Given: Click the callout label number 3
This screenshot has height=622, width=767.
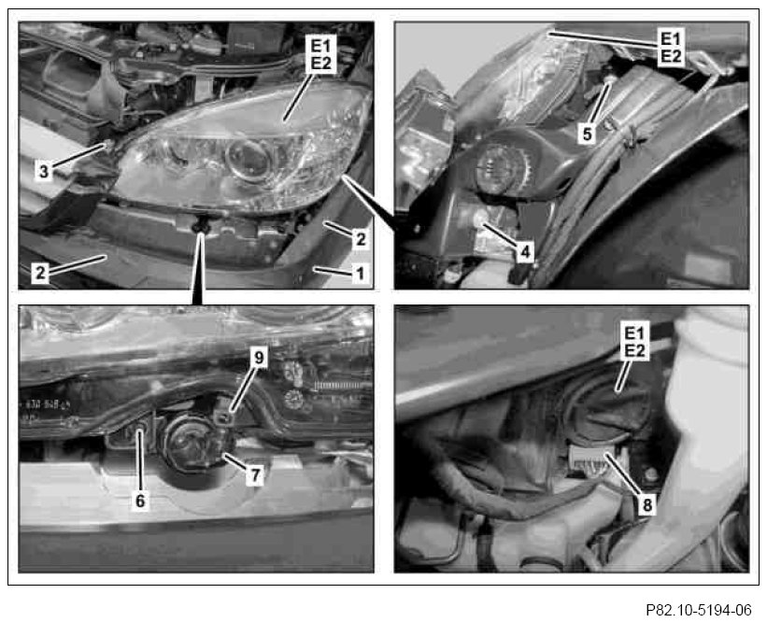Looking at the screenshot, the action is (44, 172).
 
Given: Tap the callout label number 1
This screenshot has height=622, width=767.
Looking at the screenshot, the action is (360, 273).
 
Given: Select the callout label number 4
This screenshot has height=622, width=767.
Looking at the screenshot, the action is (525, 253).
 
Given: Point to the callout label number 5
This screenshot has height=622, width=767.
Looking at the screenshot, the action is (587, 134).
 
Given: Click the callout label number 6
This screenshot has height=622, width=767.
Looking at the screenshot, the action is (140, 501).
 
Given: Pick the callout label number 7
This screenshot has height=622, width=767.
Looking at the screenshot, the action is (255, 474).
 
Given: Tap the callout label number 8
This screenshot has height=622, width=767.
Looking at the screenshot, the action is (647, 504).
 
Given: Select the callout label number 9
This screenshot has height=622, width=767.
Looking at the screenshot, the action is (258, 358).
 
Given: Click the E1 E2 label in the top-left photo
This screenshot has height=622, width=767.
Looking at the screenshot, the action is (320, 54).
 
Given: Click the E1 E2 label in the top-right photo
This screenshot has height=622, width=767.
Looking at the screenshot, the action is (671, 48).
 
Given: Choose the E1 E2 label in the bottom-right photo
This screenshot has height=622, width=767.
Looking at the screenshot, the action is (634, 341).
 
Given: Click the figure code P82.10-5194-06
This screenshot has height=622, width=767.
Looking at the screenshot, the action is (699, 610).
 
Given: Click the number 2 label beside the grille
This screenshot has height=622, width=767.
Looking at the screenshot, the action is (39, 272).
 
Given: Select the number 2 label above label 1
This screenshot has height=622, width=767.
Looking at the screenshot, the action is (361, 239).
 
